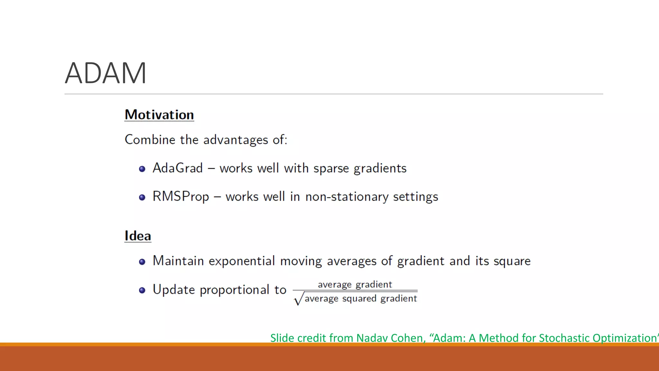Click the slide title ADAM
(106, 73)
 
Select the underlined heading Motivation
(159, 115)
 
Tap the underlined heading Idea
(138, 236)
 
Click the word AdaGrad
(178, 168)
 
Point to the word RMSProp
(181, 197)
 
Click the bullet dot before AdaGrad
(142, 169)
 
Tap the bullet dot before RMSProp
(142, 197)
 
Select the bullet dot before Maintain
(142, 262)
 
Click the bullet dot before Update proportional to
(142, 290)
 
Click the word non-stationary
(347, 197)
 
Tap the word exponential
(242, 261)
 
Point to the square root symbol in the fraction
(298, 299)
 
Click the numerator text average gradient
(355, 285)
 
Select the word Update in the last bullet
(174, 290)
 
